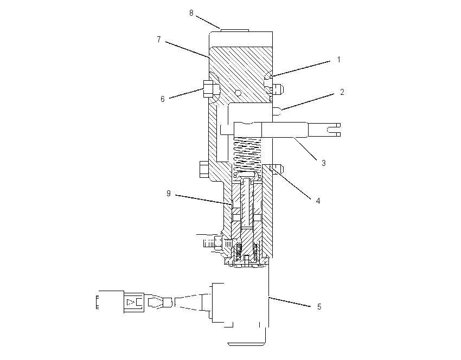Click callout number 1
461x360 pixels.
pyautogui.click(x=338, y=60)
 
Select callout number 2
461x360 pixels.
pyautogui.click(x=342, y=92)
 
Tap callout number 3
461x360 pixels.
pyautogui.click(x=324, y=163)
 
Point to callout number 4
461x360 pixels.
pyautogui.click(x=318, y=201)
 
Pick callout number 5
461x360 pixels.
pyautogui.click(x=319, y=307)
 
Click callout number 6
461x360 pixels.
pyautogui.click(x=163, y=99)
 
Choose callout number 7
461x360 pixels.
pyautogui.click(x=159, y=40)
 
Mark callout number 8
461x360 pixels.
pyautogui.click(x=191, y=13)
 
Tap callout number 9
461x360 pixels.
pyautogui.click(x=169, y=194)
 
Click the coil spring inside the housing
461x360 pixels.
pyautogui.click(x=247, y=155)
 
